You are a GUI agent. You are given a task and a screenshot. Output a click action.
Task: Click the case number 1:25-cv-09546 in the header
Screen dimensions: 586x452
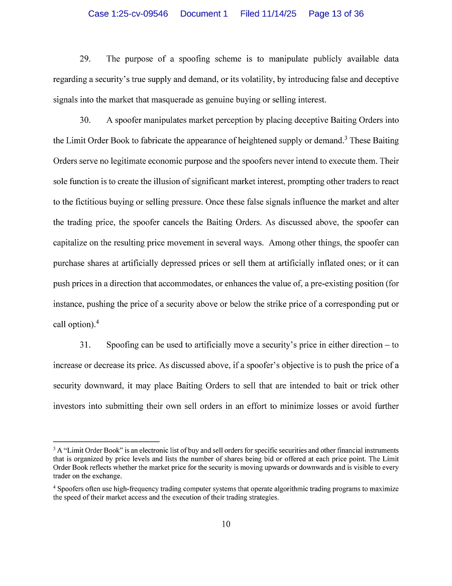(128, 14)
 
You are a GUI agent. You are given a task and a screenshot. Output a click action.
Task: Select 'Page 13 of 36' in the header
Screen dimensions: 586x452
(336, 14)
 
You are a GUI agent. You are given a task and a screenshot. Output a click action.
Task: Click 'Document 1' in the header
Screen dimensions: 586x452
(204, 14)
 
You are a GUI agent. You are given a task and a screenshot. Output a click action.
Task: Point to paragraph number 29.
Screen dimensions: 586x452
(85, 59)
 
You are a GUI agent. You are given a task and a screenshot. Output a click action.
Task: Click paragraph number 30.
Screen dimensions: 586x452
(85, 120)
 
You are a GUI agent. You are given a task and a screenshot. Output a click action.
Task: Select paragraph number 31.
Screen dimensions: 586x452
(85, 345)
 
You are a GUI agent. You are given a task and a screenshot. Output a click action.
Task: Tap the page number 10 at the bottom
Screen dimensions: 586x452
(226, 524)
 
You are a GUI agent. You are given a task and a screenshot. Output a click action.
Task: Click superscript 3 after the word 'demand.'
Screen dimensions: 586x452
(346, 138)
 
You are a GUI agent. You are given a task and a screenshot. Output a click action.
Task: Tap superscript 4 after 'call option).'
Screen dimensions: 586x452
(97, 322)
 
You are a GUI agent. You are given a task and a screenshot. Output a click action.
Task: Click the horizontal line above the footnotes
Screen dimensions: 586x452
(106, 441)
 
